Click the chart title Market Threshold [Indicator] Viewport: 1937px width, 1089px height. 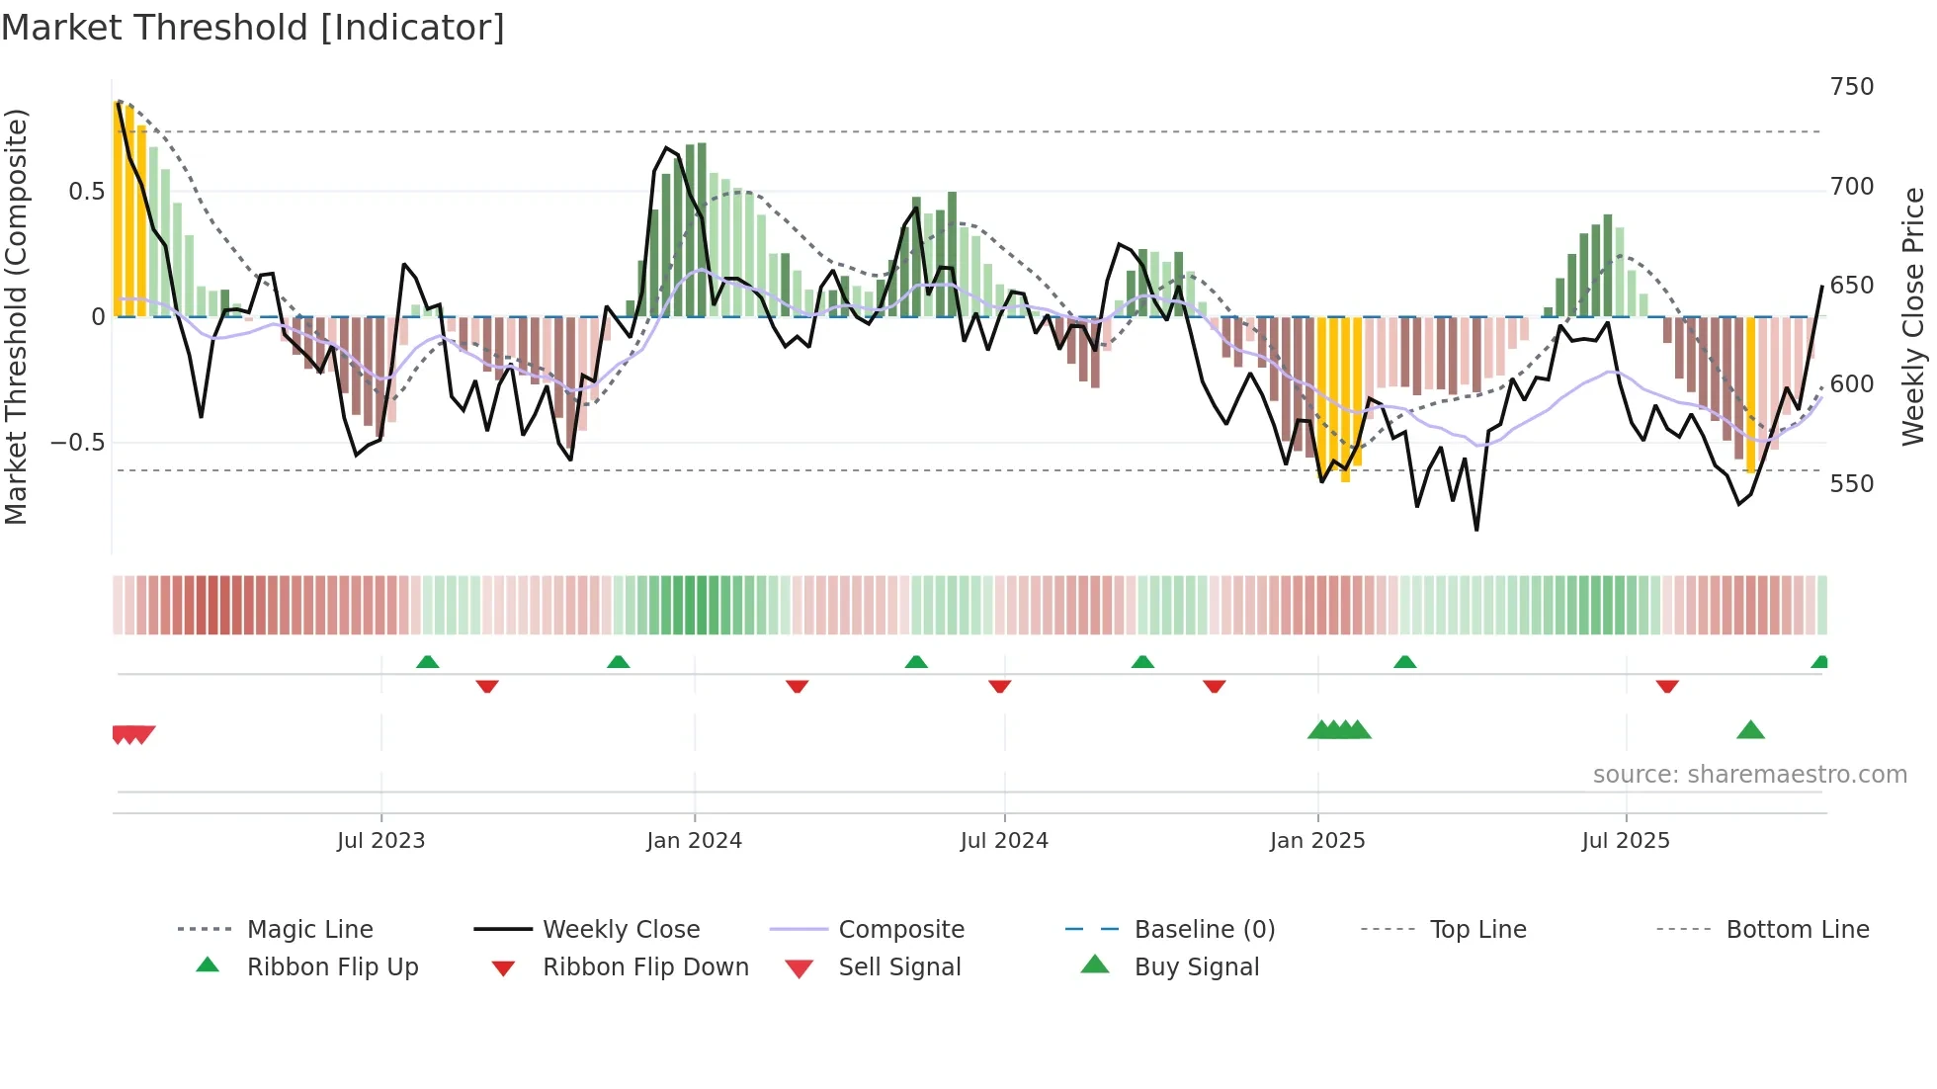coord(253,28)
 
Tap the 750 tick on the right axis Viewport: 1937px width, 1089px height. coord(1851,87)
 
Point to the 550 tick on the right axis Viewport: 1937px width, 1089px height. coord(1851,484)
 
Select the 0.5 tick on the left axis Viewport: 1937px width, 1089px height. coord(86,192)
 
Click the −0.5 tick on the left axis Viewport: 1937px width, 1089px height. coord(77,443)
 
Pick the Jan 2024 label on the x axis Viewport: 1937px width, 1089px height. coord(694,841)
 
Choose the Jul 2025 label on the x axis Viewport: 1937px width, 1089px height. coord(1625,841)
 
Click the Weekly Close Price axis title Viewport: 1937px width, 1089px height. coord(1913,316)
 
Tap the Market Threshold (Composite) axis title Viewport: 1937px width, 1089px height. coord(16,316)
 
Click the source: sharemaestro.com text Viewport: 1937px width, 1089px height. coord(1749,775)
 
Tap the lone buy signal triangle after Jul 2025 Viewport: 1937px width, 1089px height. coord(1750,730)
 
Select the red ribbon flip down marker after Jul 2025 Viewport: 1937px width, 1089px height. coord(1667,686)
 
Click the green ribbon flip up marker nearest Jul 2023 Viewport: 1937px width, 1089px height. coord(427,662)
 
